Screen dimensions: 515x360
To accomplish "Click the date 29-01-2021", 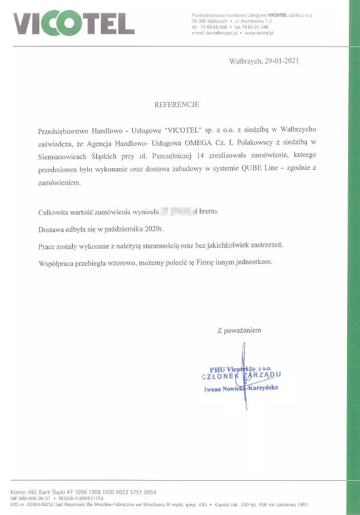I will (279, 61).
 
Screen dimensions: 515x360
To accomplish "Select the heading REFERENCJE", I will (176, 104).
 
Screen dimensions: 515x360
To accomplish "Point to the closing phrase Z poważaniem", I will (239, 330).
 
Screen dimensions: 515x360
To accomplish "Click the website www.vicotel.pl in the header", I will (259, 33).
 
